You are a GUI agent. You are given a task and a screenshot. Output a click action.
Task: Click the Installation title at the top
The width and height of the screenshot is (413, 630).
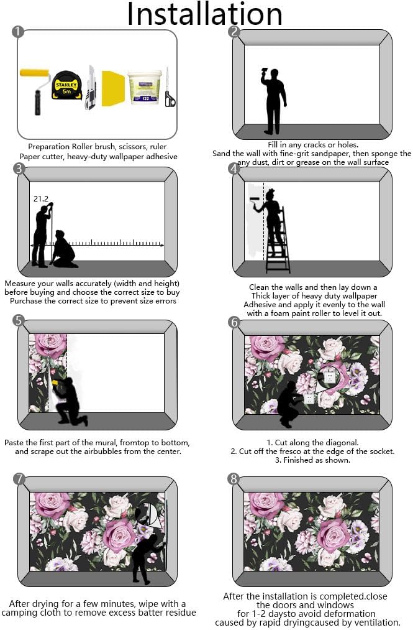coord(205,14)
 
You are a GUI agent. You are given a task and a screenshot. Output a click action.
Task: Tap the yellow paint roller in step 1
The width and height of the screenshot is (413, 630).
coord(35,89)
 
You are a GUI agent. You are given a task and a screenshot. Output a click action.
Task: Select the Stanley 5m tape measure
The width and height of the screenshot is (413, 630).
coord(66,85)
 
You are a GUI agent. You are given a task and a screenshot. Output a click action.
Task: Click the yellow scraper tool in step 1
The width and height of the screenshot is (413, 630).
coord(113,88)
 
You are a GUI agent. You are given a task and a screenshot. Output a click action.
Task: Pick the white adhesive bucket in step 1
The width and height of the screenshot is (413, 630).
coord(145,87)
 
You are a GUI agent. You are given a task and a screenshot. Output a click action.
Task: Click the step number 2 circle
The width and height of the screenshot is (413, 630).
coord(234,32)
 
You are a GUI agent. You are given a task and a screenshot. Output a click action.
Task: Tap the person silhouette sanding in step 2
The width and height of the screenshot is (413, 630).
coord(274,101)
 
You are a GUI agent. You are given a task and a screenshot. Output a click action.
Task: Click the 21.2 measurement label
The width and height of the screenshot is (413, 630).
coord(40,198)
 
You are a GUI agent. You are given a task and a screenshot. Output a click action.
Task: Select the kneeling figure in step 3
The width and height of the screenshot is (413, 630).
coord(64,249)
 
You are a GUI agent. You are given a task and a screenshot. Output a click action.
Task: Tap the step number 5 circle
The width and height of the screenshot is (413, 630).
coord(19,321)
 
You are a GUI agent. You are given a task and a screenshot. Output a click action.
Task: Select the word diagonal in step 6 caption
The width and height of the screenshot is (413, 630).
coord(338,443)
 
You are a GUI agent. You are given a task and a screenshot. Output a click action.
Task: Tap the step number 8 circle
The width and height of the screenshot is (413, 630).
coord(233,479)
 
